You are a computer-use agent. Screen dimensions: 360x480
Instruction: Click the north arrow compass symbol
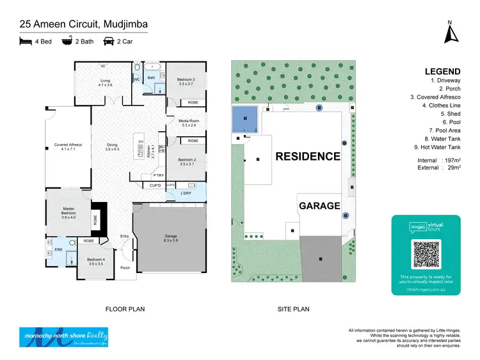(x=449, y=31)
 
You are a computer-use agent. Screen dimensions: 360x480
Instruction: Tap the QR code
(x=426, y=254)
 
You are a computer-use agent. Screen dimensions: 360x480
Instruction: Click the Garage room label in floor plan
(x=170, y=238)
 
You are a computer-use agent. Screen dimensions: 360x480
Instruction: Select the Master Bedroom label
(x=68, y=215)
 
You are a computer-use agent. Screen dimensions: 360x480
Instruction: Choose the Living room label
(x=106, y=82)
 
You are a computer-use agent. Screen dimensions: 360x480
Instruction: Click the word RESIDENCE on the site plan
(x=308, y=156)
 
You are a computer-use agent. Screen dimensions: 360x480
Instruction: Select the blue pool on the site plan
(x=245, y=118)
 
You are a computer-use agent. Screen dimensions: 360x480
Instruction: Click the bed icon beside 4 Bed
(x=26, y=42)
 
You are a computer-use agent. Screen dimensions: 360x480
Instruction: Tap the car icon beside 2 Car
(x=109, y=42)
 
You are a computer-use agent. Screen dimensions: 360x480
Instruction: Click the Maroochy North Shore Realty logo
(x=63, y=336)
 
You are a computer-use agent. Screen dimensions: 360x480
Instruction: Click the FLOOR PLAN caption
(x=125, y=309)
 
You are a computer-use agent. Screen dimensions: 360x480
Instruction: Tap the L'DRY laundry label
(x=186, y=193)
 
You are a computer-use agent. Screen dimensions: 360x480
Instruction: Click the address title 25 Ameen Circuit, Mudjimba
(x=84, y=24)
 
